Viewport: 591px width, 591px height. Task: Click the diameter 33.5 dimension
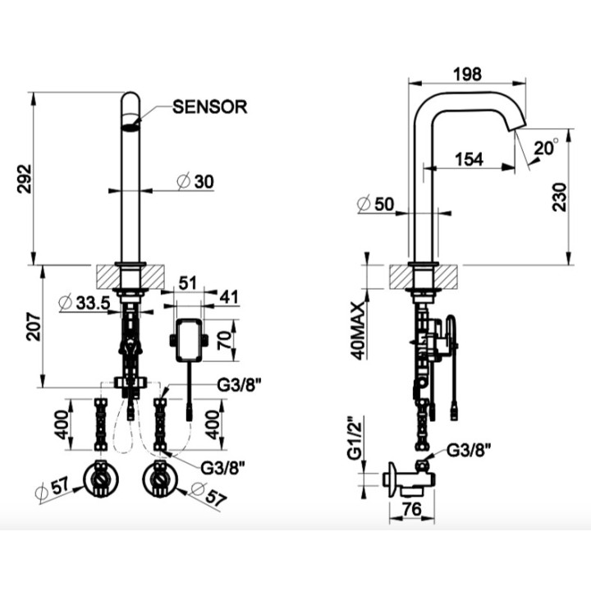point(88,303)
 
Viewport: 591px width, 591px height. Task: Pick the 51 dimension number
point(188,284)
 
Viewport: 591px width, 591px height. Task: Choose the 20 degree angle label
point(545,148)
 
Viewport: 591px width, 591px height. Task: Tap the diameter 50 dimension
point(378,205)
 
